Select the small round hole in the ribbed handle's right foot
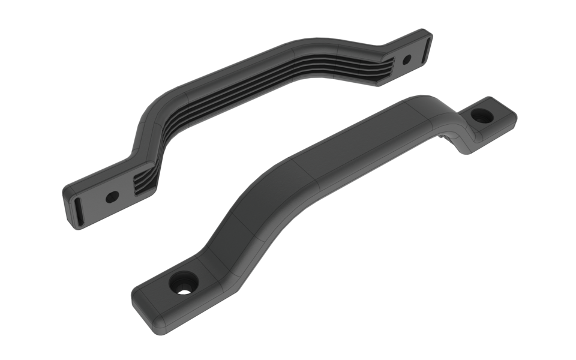pyautogui.click(x=406, y=59)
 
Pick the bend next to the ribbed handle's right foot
pyautogui.click(x=375, y=51)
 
